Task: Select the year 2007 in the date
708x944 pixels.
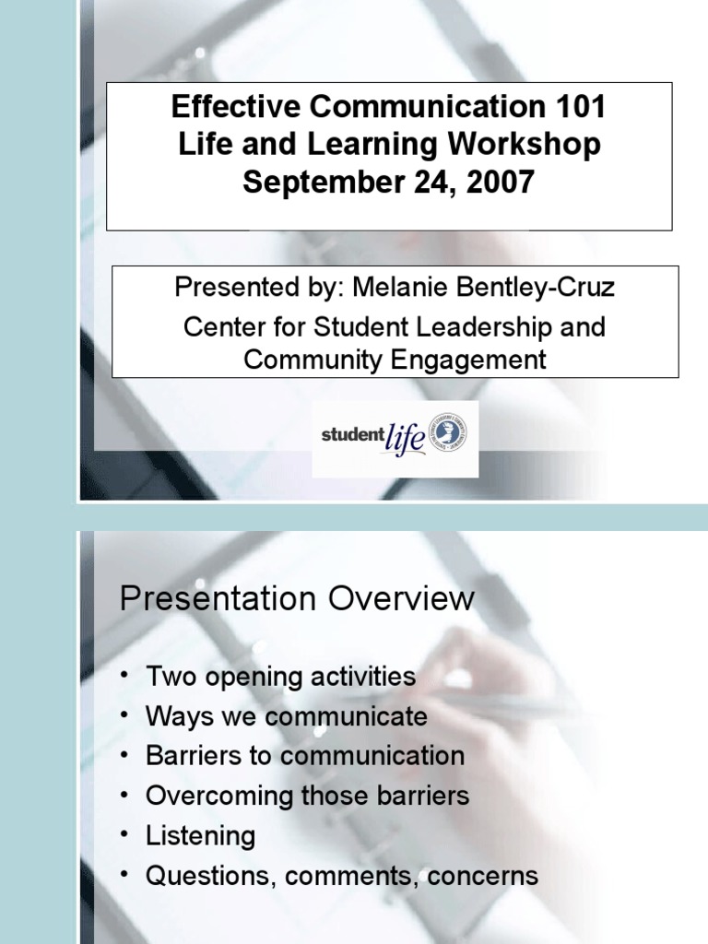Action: pos(500,182)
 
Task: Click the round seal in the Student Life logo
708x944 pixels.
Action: pos(450,433)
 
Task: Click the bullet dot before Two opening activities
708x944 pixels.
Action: pos(124,677)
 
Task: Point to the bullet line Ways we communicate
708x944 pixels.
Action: pos(286,716)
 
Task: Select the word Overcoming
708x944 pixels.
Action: pos(219,796)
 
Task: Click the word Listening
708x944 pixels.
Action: pos(200,836)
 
